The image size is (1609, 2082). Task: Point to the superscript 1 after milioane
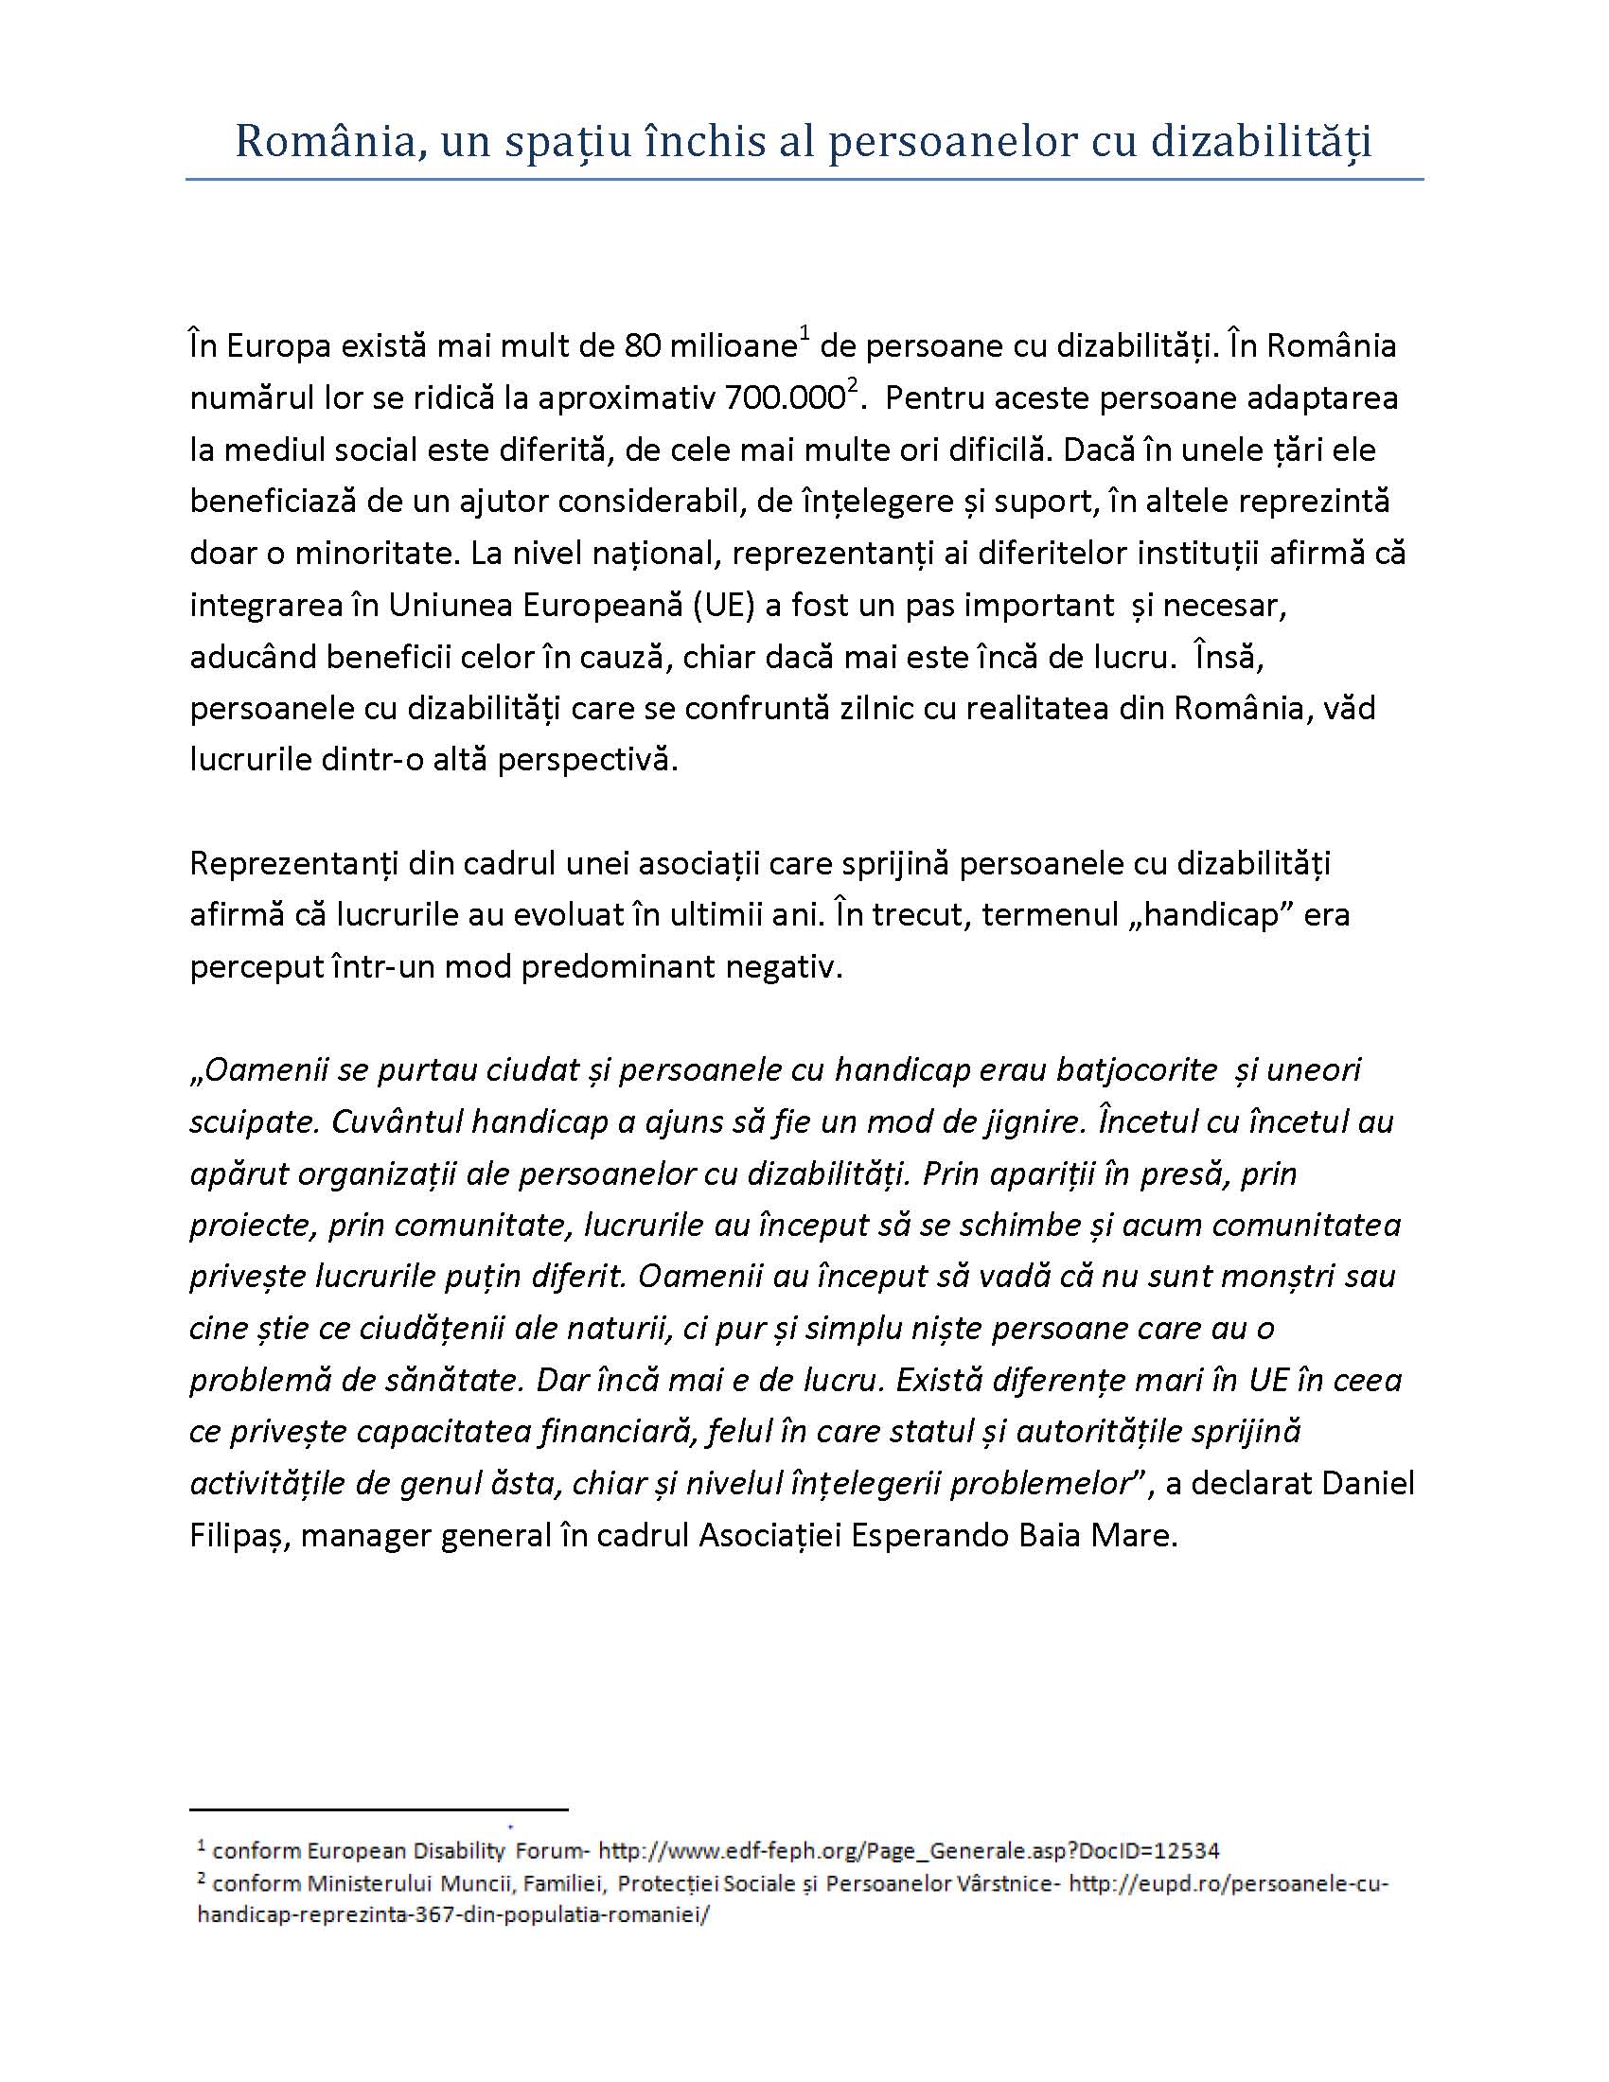click(804, 333)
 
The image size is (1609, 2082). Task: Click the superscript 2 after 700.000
click(853, 385)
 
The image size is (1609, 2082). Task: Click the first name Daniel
click(1369, 1483)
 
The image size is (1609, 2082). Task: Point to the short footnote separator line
click(379, 1809)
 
